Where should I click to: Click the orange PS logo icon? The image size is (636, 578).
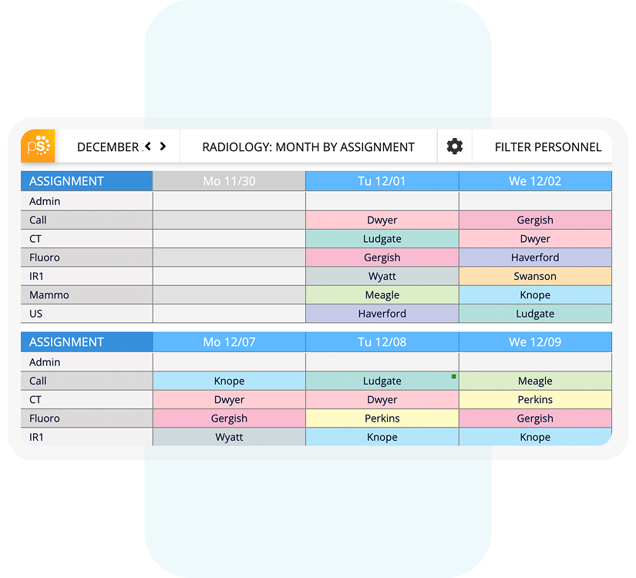pos(39,146)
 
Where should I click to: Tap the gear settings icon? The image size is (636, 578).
pos(455,146)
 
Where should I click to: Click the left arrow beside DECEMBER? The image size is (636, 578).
pos(148,146)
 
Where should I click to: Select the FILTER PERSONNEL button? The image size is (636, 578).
pos(547,147)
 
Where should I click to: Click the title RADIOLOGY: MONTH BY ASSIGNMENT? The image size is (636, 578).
pos(308,147)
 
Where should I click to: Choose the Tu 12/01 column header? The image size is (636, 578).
pos(382,181)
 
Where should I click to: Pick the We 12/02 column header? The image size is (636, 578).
pos(535,181)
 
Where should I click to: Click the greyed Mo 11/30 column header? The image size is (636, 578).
pos(229,181)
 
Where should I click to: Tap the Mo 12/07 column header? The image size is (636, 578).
pos(229,342)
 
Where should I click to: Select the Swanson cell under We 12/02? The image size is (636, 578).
pos(535,277)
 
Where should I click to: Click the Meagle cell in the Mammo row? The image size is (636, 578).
pos(382,295)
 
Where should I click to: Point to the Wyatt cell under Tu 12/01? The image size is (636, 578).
pos(382,277)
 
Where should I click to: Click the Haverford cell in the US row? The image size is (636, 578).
pos(382,314)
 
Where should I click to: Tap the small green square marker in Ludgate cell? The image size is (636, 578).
pos(454,376)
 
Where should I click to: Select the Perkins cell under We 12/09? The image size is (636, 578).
pos(535,400)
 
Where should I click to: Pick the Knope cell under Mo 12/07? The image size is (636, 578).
pos(229,381)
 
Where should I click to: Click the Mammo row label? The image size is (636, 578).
pos(49,295)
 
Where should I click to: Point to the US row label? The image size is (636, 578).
pos(36,314)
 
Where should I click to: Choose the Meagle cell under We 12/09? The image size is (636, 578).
pos(535,381)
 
